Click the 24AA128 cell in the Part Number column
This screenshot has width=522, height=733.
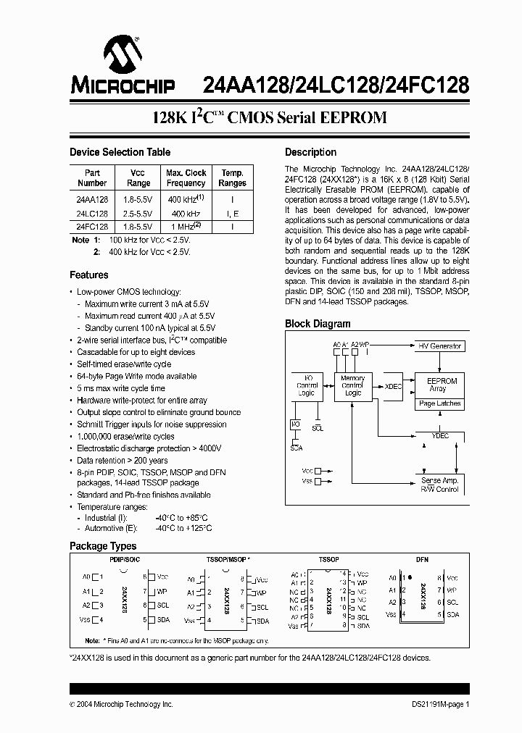pyautogui.click(x=92, y=199)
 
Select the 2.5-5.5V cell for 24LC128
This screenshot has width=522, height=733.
pyautogui.click(x=137, y=214)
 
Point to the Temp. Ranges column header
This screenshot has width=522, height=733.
pyautogui.click(x=233, y=178)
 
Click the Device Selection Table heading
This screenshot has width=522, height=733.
pyautogui.click(x=120, y=152)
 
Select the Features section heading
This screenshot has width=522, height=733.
pyautogui.click(x=89, y=275)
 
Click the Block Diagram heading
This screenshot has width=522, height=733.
pyautogui.click(x=318, y=324)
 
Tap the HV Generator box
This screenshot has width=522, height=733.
pyautogui.click(x=439, y=346)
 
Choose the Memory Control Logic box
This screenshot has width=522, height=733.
pyautogui.click(x=352, y=385)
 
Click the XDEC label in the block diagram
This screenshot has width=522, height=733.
pyautogui.click(x=393, y=387)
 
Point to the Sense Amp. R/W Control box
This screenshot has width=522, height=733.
pyautogui.click(x=439, y=485)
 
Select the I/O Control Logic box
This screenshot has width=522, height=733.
pyautogui.click(x=307, y=385)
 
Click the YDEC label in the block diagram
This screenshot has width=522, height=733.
pyautogui.click(x=439, y=436)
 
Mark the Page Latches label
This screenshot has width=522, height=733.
pyautogui.click(x=439, y=403)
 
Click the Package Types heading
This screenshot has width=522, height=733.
pyautogui.click(x=103, y=546)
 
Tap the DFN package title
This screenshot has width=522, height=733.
pyautogui.click(x=423, y=559)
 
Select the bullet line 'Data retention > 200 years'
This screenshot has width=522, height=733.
pyautogui.click(x=123, y=460)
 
